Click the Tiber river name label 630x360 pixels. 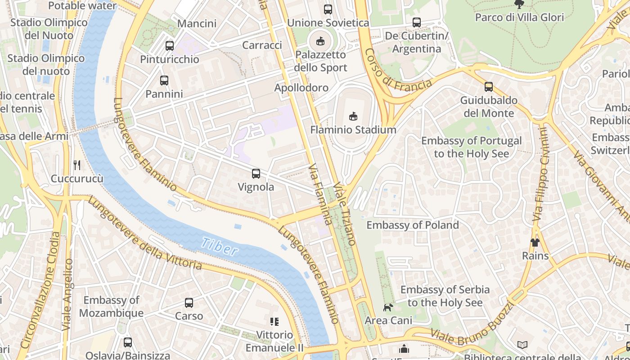point(219,246)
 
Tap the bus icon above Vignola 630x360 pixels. point(256,173)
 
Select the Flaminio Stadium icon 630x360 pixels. point(353,116)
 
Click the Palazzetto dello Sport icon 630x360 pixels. point(320,41)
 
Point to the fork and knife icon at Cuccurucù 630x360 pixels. point(77,165)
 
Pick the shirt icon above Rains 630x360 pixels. point(535,243)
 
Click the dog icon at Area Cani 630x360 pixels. point(388,307)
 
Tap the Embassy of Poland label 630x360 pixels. point(413,225)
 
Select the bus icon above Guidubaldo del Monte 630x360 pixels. point(489,87)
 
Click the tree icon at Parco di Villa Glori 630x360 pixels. point(519,4)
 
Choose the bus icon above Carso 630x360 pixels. point(189,303)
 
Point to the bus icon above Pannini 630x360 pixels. point(164,81)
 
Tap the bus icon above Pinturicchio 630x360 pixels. point(170,45)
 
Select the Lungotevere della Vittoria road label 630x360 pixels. point(144,234)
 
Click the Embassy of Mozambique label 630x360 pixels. point(112,306)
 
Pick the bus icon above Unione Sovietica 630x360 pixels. point(328,9)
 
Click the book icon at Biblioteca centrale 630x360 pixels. point(522,345)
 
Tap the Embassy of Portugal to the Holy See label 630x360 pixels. point(471,147)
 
